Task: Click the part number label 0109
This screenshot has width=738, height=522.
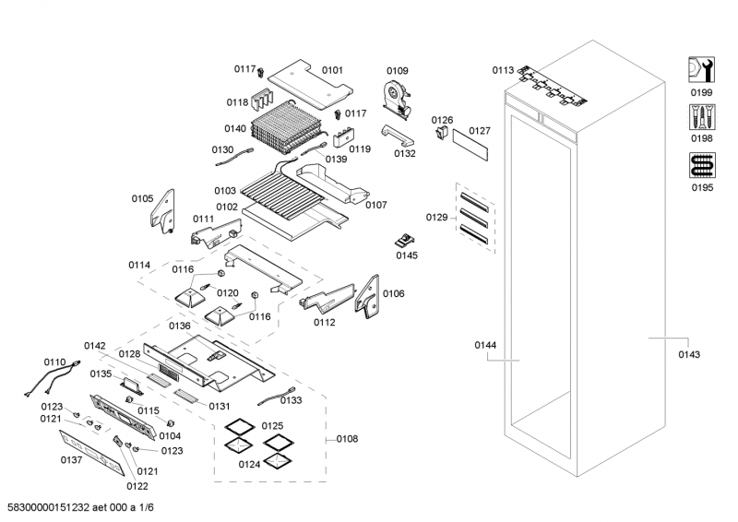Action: (x=397, y=71)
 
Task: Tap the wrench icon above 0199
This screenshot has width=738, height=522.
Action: (x=702, y=70)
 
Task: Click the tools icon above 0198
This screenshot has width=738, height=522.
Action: (x=702, y=117)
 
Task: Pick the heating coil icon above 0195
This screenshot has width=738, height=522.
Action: (x=702, y=166)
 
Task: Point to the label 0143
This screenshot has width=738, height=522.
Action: (x=688, y=354)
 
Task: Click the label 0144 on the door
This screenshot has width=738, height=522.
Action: (x=485, y=345)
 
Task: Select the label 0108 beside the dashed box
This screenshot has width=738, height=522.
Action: (x=347, y=439)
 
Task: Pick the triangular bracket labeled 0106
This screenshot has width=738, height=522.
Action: (x=371, y=296)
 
